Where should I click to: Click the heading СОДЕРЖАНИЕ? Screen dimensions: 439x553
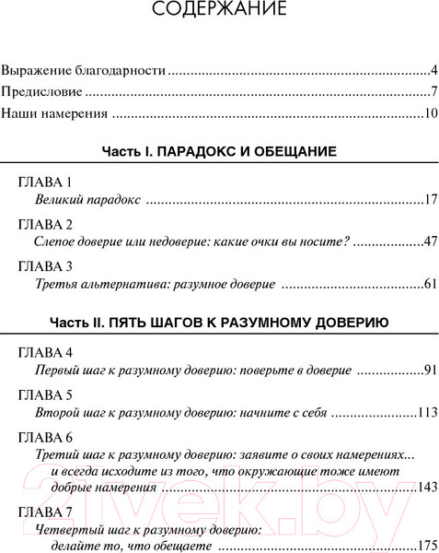click(219, 11)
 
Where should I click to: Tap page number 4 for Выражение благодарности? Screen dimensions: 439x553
click(433, 70)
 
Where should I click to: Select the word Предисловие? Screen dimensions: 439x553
click(41, 92)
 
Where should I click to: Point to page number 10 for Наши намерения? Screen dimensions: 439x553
click(430, 115)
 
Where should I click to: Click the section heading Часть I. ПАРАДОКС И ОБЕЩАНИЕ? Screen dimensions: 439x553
click(218, 150)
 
